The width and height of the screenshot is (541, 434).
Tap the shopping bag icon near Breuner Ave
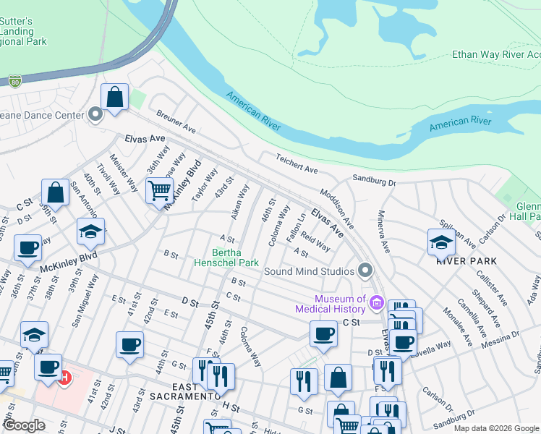(x=114, y=97)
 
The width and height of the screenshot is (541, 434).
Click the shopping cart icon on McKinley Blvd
(x=159, y=191)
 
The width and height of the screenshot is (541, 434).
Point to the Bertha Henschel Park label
(x=226, y=258)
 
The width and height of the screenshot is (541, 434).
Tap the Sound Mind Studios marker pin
(x=365, y=271)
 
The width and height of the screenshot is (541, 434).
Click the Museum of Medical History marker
(x=376, y=302)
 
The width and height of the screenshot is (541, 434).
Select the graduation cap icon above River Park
(x=441, y=242)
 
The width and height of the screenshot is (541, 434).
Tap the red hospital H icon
(x=64, y=377)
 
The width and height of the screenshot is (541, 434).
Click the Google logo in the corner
(x=24, y=425)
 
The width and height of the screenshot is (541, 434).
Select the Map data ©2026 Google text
(x=496, y=428)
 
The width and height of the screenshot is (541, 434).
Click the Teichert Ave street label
(x=297, y=163)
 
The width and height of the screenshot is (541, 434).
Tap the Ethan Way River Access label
(x=495, y=54)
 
